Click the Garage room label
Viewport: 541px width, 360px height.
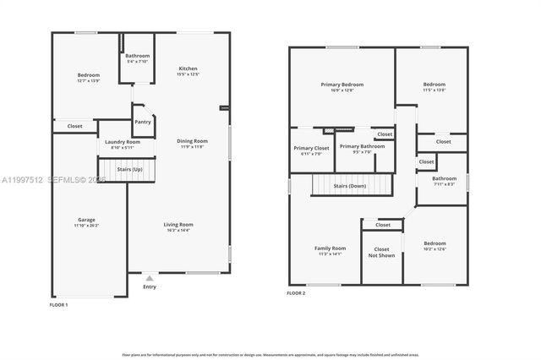click(85, 220)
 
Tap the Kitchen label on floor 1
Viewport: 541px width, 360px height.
click(188, 68)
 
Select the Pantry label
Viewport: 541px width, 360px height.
click(143, 122)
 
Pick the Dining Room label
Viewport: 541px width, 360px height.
click(192, 141)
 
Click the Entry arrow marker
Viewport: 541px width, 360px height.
click(150, 277)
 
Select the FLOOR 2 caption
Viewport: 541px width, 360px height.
click(295, 292)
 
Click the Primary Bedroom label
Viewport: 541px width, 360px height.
click(342, 85)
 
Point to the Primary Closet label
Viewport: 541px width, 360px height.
click(310, 148)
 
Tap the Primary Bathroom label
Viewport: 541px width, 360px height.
click(362, 146)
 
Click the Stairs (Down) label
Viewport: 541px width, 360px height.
click(349, 185)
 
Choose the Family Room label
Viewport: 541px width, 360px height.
click(331, 248)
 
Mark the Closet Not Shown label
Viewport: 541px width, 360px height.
click(381, 252)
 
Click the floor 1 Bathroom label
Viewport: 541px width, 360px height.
click(137, 56)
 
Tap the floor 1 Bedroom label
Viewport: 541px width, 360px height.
click(88, 74)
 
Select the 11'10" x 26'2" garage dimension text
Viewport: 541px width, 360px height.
click(85, 226)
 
